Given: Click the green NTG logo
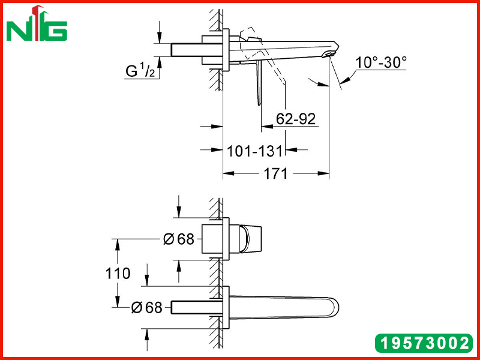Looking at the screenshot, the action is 37,23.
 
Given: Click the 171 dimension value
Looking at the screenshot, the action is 276,173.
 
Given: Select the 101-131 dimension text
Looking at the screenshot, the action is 254,151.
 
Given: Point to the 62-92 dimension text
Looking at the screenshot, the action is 295,119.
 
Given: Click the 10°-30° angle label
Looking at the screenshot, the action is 381,62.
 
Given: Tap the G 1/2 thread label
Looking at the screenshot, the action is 140,70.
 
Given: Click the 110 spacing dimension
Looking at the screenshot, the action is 118,273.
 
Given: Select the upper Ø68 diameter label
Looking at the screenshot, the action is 179,239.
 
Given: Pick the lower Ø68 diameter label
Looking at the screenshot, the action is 146,307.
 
